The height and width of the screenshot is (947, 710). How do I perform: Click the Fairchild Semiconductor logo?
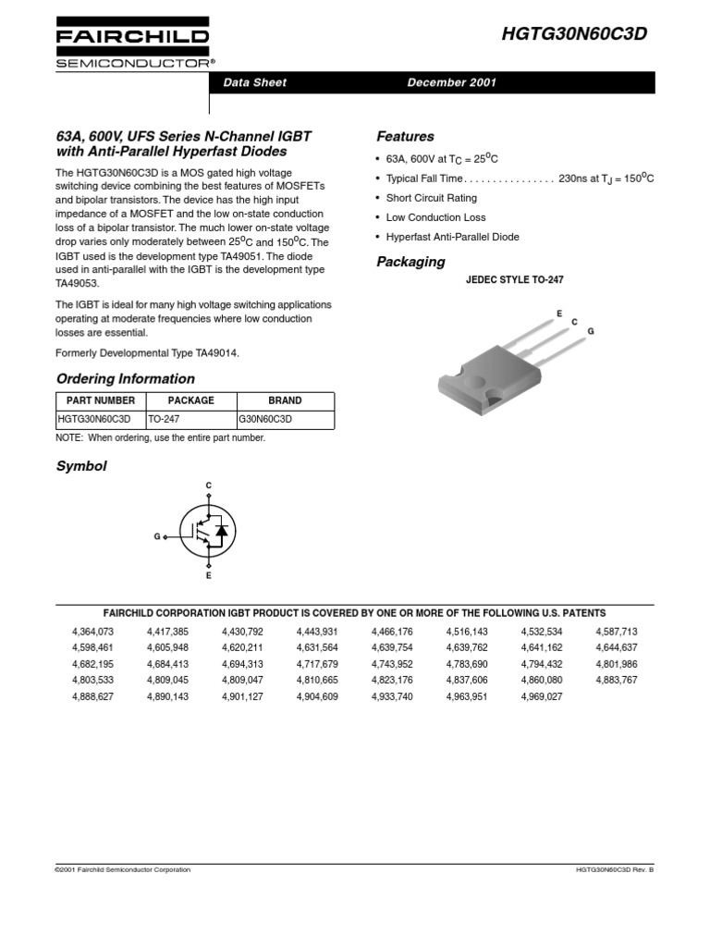pos(132,43)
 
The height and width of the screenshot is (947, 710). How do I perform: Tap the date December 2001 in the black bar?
pos(452,82)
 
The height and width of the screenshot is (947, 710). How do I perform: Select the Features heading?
pos(405,136)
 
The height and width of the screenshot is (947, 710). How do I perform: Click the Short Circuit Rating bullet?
pos(431,198)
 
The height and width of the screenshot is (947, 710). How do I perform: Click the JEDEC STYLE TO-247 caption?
pos(515,279)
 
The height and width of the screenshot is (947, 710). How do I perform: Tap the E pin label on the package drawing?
pos(558,314)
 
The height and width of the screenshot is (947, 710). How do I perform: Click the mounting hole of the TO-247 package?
pos(477,376)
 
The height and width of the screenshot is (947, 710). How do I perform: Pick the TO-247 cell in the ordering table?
pos(164,419)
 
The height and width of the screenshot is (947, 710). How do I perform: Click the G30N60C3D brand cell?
pos(265,419)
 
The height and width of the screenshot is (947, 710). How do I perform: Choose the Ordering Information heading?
pos(126,378)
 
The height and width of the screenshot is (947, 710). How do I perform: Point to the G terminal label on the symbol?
pos(157,535)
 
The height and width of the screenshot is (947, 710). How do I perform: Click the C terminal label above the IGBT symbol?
pos(208,486)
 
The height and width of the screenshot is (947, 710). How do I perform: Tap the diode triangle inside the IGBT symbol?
pos(222,532)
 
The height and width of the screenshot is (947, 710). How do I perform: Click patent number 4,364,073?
pos(92,632)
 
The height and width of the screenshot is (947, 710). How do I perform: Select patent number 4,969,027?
pos(541,696)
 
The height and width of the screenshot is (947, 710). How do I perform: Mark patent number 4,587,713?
pos(617,632)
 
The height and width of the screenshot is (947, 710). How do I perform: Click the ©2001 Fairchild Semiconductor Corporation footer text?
pos(124,869)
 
